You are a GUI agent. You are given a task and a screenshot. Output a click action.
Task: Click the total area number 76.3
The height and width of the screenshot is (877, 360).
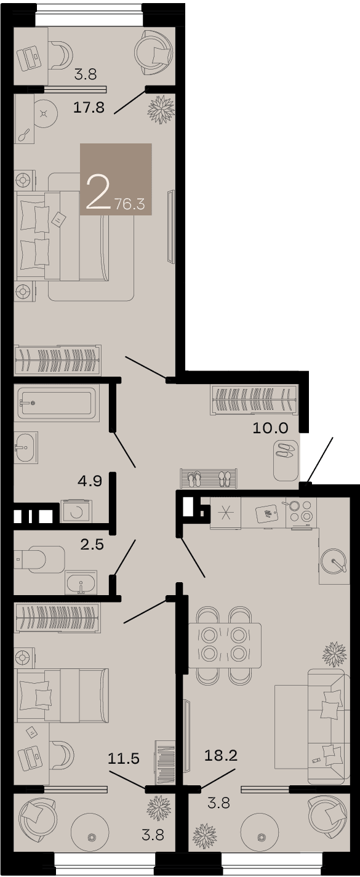130,204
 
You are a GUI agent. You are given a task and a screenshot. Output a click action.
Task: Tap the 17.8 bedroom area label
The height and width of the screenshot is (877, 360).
89,107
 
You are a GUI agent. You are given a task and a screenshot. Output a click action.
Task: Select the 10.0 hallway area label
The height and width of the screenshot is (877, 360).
270,428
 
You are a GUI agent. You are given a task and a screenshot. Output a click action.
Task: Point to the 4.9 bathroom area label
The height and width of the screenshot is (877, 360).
90,481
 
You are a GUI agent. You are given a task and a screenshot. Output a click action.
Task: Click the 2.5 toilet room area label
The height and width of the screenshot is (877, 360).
92,544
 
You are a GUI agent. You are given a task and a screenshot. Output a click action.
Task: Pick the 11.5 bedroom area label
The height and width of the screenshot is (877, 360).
124,758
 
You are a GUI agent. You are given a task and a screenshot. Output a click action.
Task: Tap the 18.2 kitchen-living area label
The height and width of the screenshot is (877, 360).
221,755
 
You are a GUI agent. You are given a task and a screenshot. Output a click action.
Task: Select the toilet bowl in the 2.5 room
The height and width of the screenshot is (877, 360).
39,559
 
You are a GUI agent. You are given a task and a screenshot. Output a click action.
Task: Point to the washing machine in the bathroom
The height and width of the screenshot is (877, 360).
76,511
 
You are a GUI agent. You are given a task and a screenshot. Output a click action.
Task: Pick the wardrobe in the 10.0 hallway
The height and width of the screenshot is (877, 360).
254,400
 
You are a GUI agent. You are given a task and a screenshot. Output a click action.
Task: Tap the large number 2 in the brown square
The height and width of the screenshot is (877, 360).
97,192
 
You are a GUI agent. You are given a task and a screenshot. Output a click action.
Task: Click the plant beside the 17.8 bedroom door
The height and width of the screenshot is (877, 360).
161,110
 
